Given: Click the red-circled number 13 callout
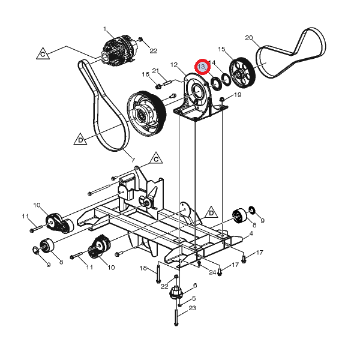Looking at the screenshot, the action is click(x=202, y=67).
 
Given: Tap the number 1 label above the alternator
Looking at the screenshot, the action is click(x=105, y=29).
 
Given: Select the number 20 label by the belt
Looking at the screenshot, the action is click(x=249, y=38).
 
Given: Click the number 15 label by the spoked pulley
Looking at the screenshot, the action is click(x=221, y=49).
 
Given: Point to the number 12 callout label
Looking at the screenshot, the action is click(x=174, y=65).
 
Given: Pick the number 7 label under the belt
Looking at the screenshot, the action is click(x=133, y=160).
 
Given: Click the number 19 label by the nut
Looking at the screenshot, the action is click(x=238, y=95).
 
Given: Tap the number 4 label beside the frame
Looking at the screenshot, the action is click(x=251, y=233).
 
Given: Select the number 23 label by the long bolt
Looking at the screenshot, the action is click(x=192, y=308).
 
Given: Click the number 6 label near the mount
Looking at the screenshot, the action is click(x=195, y=286).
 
